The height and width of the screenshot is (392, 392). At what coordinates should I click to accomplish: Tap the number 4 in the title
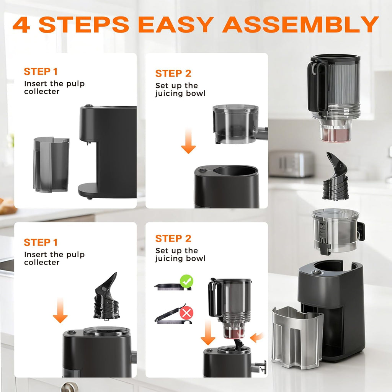coord(22,24)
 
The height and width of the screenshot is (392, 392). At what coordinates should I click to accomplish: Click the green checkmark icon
coord(186,282)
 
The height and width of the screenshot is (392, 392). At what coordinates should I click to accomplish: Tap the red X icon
coord(186,313)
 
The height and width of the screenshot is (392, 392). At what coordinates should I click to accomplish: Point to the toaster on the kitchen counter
coord(291,164)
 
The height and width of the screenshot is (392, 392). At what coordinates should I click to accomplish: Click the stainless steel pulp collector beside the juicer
coord(297,337)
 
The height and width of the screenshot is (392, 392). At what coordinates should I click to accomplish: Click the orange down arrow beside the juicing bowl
coord(188,141)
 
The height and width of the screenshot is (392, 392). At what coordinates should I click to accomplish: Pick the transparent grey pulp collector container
coord(51,164)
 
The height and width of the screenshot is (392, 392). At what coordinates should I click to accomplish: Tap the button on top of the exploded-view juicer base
coord(316,272)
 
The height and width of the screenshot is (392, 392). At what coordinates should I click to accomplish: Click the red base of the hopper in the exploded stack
coord(335,135)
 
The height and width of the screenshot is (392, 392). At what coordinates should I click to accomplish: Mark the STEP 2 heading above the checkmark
coord(173,238)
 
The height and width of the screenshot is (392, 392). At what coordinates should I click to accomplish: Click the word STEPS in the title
coord(83,24)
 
